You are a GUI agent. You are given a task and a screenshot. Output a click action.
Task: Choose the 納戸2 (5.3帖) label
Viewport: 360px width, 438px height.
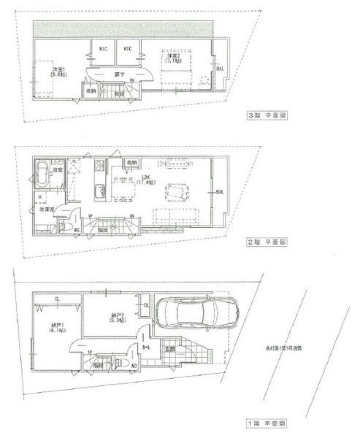point(109,318)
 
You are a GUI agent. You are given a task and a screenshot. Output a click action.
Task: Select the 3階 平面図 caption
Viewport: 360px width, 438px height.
point(267,115)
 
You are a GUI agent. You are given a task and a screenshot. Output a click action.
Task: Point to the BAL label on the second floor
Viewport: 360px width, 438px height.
point(219,192)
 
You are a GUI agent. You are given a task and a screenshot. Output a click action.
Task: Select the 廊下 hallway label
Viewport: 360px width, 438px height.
point(116,75)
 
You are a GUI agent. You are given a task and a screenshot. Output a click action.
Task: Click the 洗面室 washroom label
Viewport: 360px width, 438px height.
point(47,210)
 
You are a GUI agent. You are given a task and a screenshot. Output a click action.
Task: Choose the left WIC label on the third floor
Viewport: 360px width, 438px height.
point(103,49)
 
